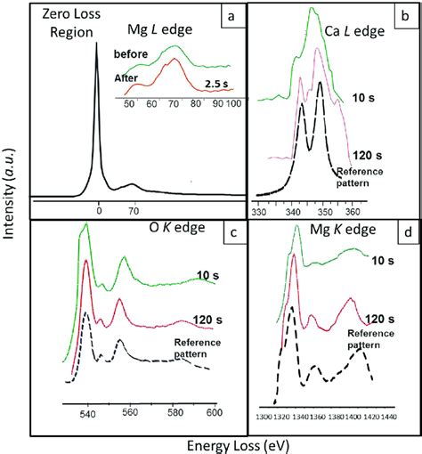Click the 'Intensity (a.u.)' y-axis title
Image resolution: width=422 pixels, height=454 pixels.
tap(11, 227)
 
